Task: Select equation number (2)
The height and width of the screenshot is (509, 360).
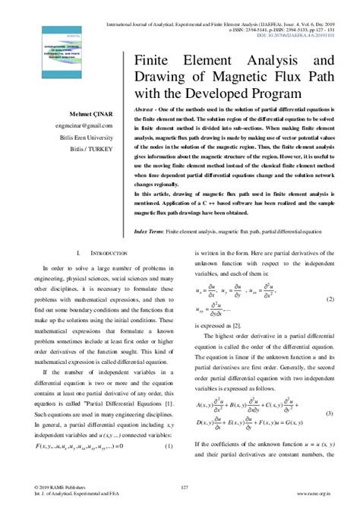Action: click(x=330, y=300)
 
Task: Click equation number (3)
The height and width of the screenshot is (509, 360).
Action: click(x=330, y=413)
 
